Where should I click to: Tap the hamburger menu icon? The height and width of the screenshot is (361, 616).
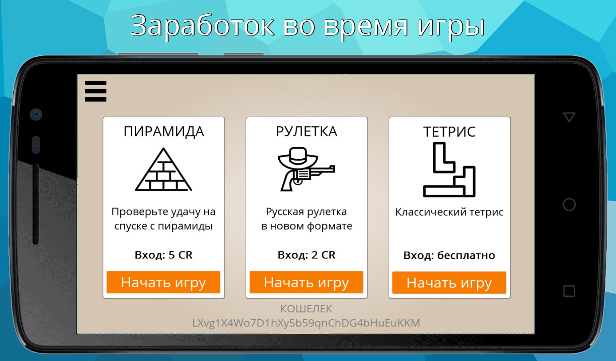95,91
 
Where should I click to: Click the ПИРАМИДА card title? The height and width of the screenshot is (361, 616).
164,131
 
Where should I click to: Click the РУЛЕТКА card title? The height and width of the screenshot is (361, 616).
306,131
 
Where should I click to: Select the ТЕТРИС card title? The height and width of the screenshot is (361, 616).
449,132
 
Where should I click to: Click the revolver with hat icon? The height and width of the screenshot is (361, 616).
306,169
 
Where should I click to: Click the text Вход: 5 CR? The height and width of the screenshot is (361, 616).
164,255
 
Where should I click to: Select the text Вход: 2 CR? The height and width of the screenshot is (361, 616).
306,255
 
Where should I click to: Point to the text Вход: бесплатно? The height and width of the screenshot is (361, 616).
449,255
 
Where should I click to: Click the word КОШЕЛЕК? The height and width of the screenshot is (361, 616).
306,309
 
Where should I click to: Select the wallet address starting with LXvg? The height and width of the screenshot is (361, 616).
306,323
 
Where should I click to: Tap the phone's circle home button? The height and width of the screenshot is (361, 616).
569,204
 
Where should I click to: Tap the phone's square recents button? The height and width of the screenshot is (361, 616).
569,291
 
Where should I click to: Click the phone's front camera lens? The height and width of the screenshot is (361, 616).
36,114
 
